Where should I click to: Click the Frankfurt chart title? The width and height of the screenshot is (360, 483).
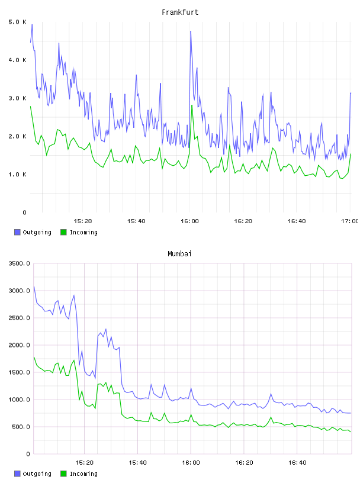coord(180,12)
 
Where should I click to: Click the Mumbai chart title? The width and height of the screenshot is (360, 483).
coord(179,254)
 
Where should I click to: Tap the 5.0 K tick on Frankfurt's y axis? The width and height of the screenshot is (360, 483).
coord(17,22)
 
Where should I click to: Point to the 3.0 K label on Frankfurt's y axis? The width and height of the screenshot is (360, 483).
coord(17,98)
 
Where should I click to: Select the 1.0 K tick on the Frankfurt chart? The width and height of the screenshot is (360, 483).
coord(17,175)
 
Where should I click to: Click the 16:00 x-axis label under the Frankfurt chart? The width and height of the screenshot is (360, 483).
coord(189,221)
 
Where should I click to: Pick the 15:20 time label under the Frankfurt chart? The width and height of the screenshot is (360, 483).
coord(83,221)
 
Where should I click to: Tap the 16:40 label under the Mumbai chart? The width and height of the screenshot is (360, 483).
coord(297,463)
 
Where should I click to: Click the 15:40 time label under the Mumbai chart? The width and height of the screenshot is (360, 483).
coord(137,463)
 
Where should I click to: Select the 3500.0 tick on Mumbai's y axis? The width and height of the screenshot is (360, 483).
coord(19,263)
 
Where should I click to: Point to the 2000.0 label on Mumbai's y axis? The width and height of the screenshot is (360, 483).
coord(19,345)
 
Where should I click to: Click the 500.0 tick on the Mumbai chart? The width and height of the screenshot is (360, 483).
coord(21,427)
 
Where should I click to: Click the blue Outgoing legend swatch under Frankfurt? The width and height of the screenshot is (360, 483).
coord(17,232)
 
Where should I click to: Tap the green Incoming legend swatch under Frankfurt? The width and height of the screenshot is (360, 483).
coord(63,232)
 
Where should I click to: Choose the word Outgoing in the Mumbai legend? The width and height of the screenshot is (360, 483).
coord(37,474)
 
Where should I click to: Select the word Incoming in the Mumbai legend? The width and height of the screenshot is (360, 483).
coord(83,474)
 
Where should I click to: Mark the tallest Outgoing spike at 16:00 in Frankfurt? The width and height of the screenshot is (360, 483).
coord(191,31)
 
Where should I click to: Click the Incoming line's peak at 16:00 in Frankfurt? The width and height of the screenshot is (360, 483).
coord(192,105)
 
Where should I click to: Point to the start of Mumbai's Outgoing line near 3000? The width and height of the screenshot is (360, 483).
coord(34,286)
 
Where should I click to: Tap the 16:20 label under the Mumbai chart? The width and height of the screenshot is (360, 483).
coord(244,463)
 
